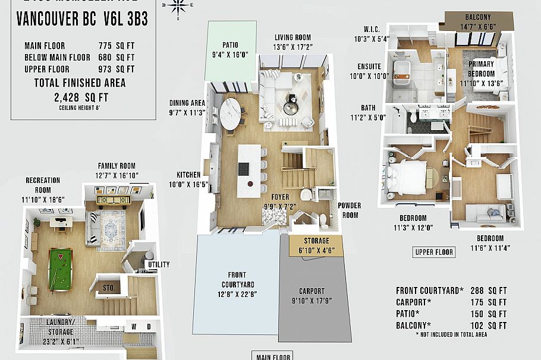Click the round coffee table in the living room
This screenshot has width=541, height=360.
(291, 108)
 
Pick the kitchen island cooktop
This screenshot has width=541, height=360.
(244, 169)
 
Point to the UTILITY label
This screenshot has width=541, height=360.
(159, 264)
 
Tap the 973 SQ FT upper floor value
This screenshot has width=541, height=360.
(117, 69)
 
